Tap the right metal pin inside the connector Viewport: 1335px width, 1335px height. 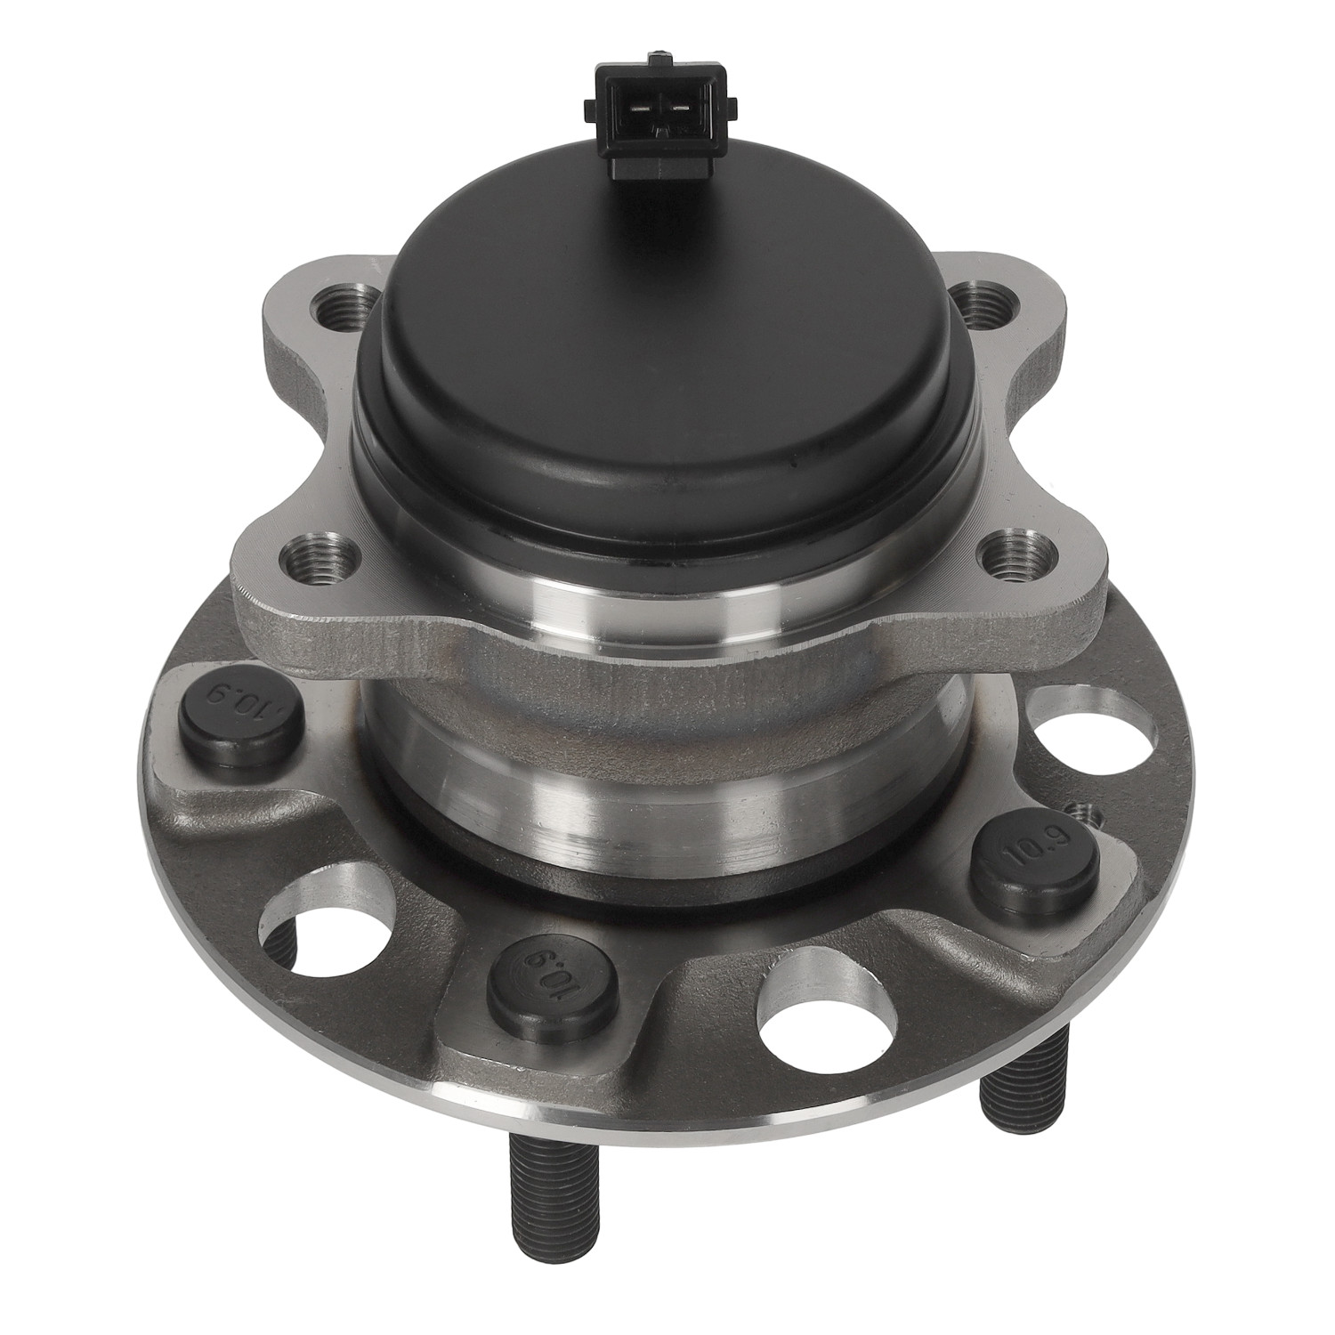pos(679,109)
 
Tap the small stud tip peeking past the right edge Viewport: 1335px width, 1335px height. pos(1085,812)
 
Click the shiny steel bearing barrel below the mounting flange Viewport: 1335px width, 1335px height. pos(663,765)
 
